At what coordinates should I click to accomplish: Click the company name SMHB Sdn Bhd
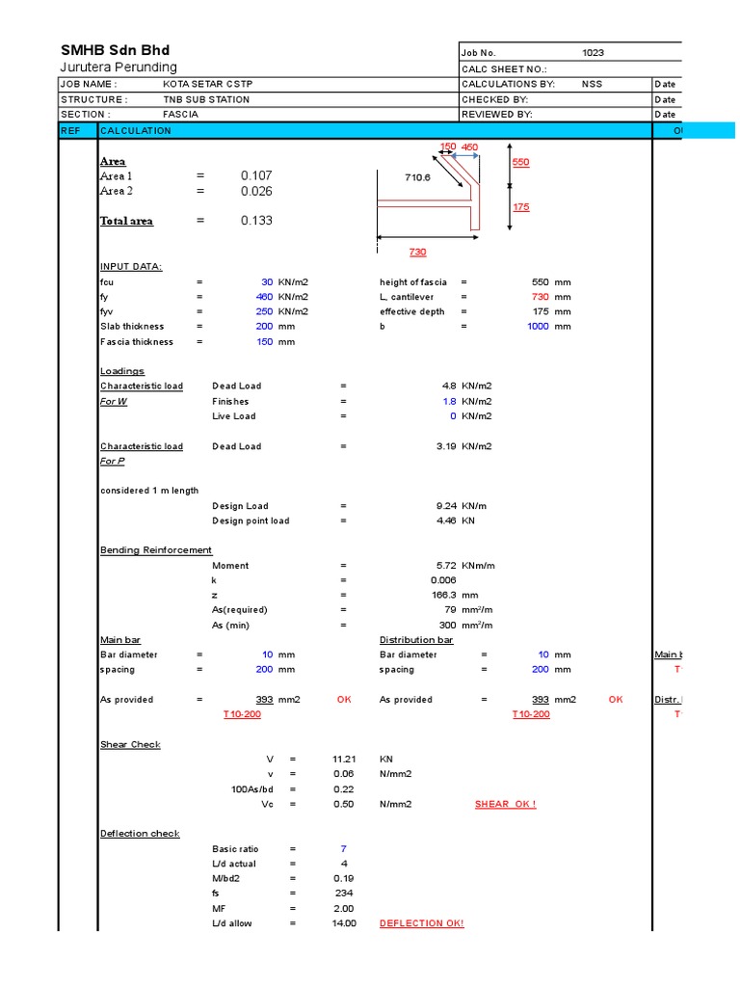115,50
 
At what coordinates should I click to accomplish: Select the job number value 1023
593,53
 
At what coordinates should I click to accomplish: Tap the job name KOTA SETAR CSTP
208,85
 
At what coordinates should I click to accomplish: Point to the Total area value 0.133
256,221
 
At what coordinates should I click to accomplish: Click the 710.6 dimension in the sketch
417,177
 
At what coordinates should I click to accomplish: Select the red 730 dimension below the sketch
417,252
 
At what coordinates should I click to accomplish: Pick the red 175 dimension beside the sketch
520,207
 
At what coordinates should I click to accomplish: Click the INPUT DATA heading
131,267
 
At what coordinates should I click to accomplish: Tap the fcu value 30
267,282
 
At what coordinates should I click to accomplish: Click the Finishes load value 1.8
449,401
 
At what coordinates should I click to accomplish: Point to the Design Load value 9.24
446,506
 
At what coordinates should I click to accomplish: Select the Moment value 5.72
446,566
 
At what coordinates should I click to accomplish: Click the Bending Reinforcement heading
156,550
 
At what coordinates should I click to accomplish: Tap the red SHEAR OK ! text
505,804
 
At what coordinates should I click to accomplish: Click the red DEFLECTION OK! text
421,923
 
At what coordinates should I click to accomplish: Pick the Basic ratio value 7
342,849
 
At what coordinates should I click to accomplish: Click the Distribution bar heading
416,640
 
